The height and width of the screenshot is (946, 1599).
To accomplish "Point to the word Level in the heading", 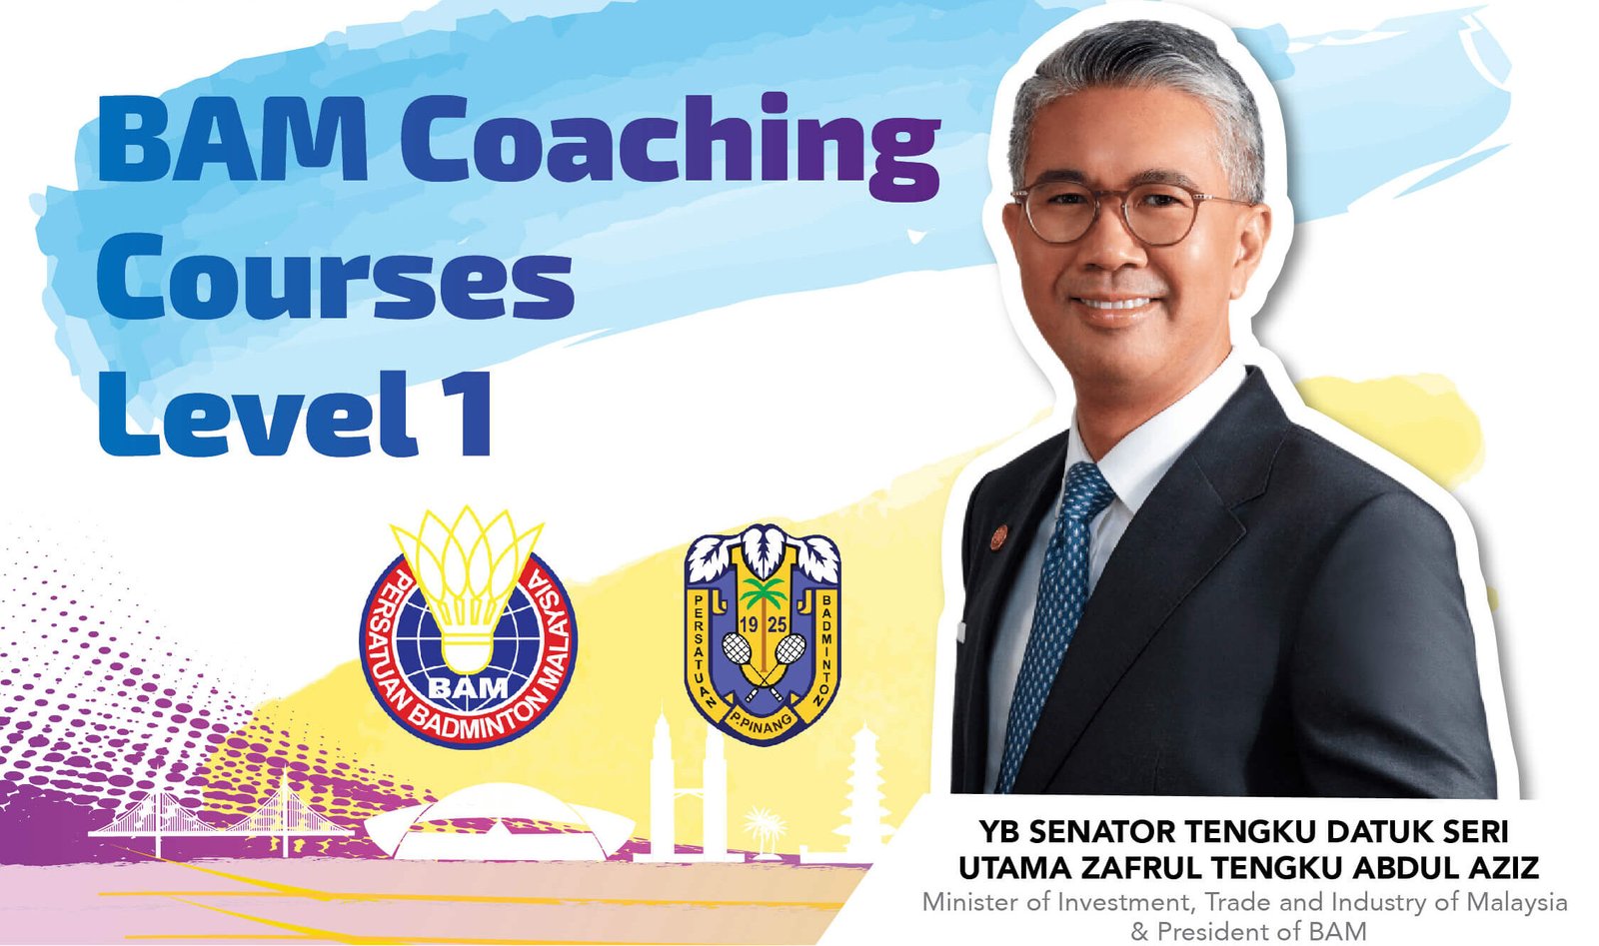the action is [258, 413].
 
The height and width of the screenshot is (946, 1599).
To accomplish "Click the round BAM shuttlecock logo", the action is [468, 627].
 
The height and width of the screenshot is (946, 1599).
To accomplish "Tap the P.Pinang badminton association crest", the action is [763, 634].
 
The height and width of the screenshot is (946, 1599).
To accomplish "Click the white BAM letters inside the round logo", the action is [468, 687].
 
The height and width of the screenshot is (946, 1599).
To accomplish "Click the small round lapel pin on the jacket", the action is [999, 536].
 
